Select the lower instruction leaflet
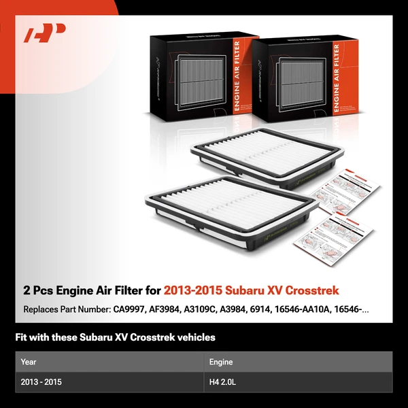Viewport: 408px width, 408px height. pyautogui.click(x=336, y=238)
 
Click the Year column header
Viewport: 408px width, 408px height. pyautogui.click(x=29, y=362)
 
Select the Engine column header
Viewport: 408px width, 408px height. pyautogui.click(x=222, y=362)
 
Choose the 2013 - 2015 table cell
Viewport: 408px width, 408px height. pyautogui.click(x=41, y=382)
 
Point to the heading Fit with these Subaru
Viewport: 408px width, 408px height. pyautogui.click(x=116, y=337)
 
